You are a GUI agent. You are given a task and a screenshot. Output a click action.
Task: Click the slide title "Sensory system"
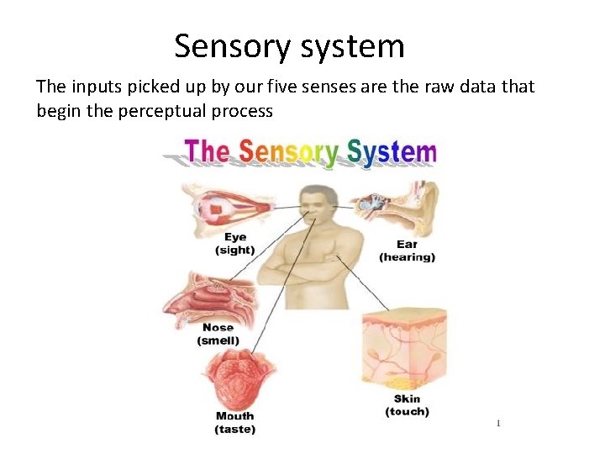click(x=289, y=46)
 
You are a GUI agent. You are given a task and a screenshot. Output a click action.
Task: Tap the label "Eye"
click(x=235, y=238)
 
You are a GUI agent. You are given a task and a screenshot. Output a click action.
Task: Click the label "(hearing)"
click(x=408, y=257)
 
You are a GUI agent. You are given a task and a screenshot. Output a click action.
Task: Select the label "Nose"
click(x=218, y=328)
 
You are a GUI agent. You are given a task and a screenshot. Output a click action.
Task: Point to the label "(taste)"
click(x=234, y=429)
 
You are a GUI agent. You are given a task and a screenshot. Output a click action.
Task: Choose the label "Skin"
click(x=407, y=399)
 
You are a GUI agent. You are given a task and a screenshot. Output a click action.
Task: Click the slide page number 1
click(x=497, y=423)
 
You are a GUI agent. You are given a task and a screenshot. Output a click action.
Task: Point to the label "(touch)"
click(x=407, y=411)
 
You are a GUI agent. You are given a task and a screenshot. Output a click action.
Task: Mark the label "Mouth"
click(x=234, y=416)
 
